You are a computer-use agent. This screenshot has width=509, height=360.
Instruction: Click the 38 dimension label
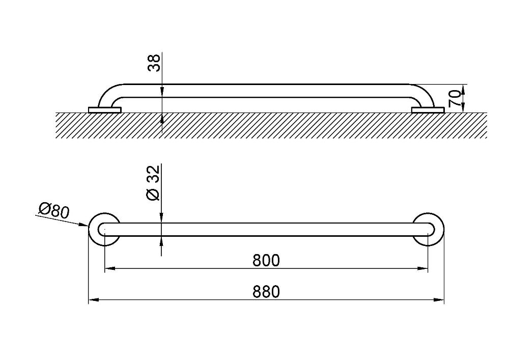pyautogui.click(x=154, y=63)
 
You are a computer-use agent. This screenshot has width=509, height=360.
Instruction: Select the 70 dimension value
pyautogui.click(x=455, y=99)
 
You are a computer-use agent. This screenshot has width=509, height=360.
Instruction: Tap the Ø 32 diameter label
pyautogui.click(x=154, y=183)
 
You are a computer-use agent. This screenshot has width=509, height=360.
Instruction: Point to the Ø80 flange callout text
pyautogui.click(x=54, y=210)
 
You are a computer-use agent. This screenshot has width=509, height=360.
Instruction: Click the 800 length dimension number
pyautogui.click(x=266, y=260)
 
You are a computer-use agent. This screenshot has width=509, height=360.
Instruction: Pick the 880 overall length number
pyautogui.click(x=266, y=291)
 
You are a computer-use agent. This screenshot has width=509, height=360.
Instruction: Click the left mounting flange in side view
pyautogui.click(x=104, y=110)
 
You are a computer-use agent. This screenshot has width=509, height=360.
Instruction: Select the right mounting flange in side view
pyautogui.click(x=428, y=110)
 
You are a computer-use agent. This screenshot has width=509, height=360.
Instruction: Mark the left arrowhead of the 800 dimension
pyautogui.click(x=110, y=268)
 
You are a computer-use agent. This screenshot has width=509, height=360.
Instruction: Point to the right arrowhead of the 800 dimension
pyautogui.click(x=422, y=268)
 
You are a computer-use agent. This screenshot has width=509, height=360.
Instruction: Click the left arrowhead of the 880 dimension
pyautogui.click(x=94, y=299)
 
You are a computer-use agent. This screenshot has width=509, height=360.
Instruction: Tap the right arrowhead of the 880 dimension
pyautogui.click(x=439, y=299)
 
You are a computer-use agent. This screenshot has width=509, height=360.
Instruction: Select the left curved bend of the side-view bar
pyautogui.click(x=106, y=94)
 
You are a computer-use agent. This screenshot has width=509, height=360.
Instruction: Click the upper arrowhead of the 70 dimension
pyautogui.click(x=463, y=90)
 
